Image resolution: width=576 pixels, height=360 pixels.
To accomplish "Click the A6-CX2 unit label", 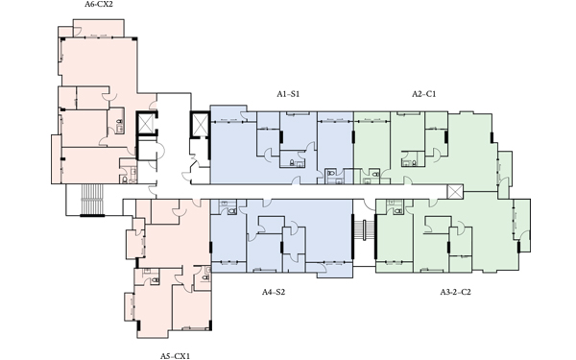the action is (99, 5).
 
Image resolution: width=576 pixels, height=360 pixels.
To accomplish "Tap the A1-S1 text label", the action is (288, 94).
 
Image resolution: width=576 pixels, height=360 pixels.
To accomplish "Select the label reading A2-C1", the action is (423, 94).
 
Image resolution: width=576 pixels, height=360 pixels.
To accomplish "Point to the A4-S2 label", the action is (274, 292).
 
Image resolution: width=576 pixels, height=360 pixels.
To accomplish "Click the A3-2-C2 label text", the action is (455, 292).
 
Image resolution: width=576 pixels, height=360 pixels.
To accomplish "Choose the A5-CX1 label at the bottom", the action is (175, 356).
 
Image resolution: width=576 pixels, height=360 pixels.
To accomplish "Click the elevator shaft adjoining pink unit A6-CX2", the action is (147, 124).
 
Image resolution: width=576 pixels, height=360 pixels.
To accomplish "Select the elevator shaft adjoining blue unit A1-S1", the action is (200, 124).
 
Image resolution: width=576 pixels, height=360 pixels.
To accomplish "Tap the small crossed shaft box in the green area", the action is (455, 191).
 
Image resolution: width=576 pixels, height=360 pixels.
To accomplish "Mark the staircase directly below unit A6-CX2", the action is (92, 200).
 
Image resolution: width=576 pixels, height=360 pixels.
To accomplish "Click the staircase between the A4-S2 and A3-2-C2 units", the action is (364, 230).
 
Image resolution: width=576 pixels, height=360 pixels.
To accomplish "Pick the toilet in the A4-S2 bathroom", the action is (231, 211).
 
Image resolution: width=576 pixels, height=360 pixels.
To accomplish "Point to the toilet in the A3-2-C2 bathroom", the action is (398, 211).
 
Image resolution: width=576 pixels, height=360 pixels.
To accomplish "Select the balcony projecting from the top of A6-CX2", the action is (99, 28).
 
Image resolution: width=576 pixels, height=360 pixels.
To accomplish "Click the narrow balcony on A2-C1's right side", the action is (504, 172).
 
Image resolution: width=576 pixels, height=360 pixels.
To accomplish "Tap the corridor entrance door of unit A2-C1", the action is (407, 180).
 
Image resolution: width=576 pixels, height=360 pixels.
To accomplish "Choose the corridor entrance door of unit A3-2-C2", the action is (434, 203).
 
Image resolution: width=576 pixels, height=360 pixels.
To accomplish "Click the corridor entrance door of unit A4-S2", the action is (267, 203).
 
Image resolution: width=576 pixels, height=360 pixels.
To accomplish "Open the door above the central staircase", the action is (368, 204).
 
